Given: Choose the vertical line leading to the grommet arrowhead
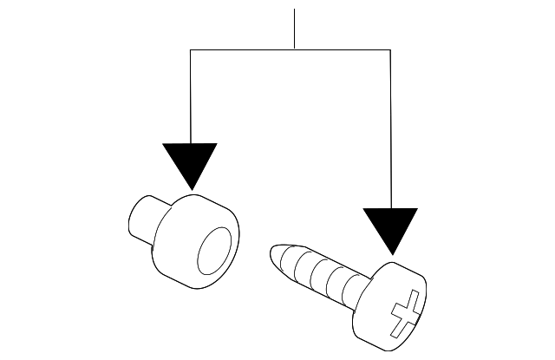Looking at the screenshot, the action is coord(191,95).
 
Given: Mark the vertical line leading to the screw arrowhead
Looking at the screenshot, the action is coord(390,130).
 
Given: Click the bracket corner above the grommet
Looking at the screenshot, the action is coord(191,49).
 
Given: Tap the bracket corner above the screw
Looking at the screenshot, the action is coord(390,49).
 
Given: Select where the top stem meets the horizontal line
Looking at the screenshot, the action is coord(295,49).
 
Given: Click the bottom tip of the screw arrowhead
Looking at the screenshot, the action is coord(391,258).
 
